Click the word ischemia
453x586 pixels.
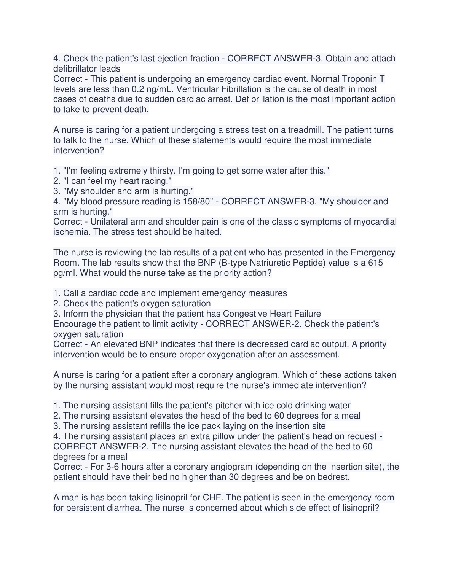[x=70, y=232]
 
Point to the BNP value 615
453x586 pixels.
[x=375, y=263]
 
